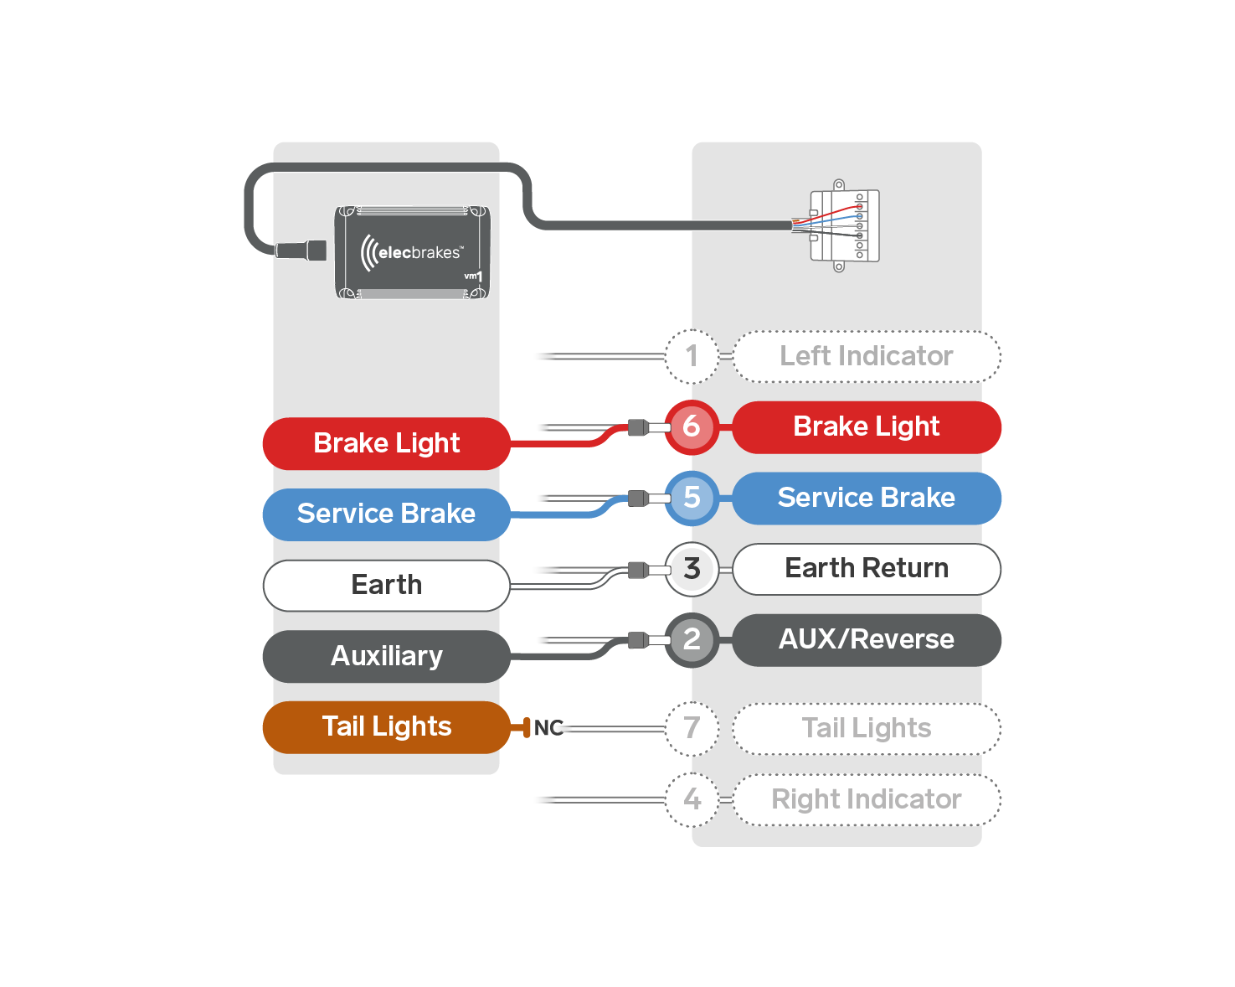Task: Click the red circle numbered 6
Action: pos(692,426)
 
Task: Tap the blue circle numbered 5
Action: pos(692,498)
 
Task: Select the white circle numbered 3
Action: pos(692,569)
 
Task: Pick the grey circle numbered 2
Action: pos(692,640)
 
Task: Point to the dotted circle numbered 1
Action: pos(692,356)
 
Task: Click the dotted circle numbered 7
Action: pos(692,728)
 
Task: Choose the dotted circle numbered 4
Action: pos(692,799)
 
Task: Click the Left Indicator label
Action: pos(867,356)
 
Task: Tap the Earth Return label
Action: pos(867,569)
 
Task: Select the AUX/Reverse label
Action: pos(867,640)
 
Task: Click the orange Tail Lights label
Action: pos(386,726)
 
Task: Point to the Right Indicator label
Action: pos(867,799)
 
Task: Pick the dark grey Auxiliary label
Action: pos(386,656)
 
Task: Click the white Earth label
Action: pos(386,585)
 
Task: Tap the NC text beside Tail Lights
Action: pos(548,728)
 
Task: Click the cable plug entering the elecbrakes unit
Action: pos(301,251)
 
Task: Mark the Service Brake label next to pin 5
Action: pos(867,498)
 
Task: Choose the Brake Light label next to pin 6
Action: pos(867,426)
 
